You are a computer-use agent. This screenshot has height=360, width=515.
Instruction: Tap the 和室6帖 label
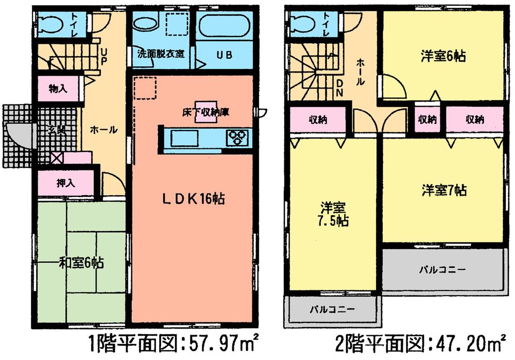[x=81, y=263]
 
